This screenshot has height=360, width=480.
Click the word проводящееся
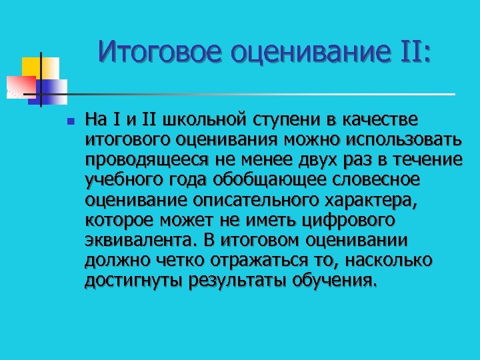coord(143,159)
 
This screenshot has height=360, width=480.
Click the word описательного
coord(267,199)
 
